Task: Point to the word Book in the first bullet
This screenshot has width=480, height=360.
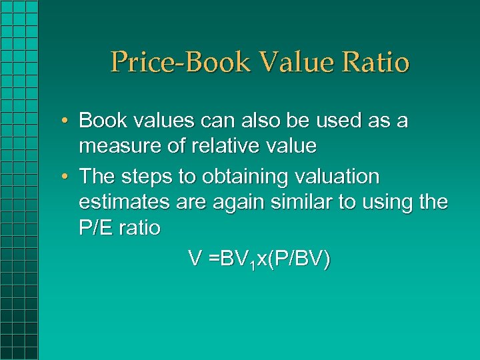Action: point(101,121)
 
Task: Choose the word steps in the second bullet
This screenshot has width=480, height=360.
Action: point(146,177)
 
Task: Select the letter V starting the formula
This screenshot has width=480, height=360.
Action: point(195,259)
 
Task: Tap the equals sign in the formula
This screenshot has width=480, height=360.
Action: point(213,259)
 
